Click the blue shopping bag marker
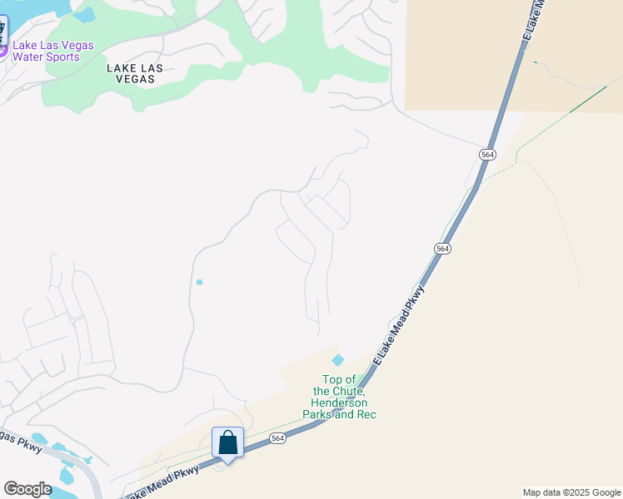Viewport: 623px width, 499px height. point(227,443)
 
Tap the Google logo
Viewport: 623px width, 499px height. point(27,488)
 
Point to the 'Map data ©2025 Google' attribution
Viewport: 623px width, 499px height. point(571,492)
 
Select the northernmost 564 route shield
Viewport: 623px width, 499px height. point(488,155)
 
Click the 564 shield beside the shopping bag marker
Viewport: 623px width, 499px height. point(278,438)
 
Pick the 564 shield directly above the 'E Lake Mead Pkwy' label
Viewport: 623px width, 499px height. point(442,249)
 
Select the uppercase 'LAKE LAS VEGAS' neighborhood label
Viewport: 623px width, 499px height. point(131,73)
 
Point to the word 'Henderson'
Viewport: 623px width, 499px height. point(344,403)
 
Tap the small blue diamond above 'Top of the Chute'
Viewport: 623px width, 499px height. point(337,360)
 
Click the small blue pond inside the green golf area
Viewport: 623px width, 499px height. point(84,15)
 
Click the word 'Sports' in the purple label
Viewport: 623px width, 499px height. point(62,57)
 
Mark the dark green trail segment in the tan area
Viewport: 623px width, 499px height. point(588,98)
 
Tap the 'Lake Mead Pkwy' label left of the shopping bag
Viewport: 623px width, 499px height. point(162,482)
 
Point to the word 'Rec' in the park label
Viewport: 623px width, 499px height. point(366,414)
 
